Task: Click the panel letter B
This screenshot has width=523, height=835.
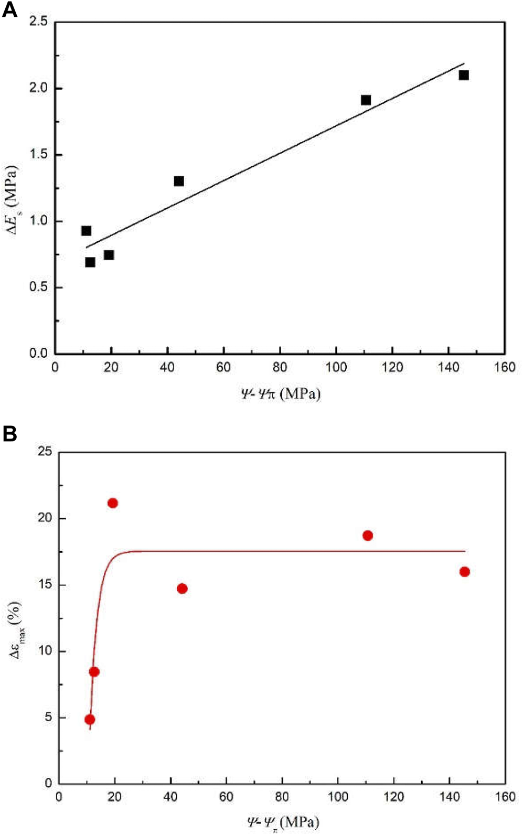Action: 9,434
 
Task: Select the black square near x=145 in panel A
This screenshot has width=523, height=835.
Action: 463,75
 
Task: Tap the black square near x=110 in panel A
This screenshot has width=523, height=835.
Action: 366,100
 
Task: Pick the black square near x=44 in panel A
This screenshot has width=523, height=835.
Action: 179,181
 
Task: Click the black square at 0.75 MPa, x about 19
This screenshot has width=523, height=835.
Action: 109,255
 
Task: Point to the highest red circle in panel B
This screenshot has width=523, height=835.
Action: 112,503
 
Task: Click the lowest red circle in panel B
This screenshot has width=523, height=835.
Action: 90,719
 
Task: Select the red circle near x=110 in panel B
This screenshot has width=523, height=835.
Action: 367,536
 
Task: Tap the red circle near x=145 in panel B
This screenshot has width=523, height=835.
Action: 464,572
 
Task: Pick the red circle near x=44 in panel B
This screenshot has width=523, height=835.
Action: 182,588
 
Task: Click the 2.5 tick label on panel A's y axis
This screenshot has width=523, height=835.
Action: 38,22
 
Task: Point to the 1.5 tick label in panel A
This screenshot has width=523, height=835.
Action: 38,155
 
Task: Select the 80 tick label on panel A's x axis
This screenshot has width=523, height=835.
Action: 280,367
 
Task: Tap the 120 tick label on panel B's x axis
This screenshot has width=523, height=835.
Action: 393,797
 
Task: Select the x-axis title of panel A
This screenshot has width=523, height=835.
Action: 280,393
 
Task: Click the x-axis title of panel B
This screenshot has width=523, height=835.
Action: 283,822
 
